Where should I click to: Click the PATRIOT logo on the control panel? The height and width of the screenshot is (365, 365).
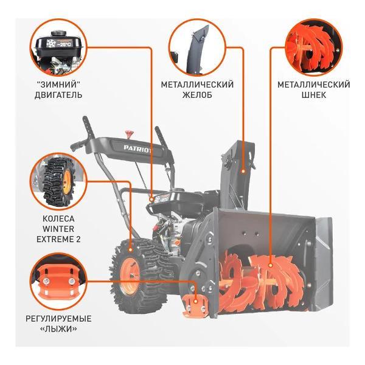click(x=137, y=148)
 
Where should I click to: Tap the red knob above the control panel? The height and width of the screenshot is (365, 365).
click(x=129, y=134)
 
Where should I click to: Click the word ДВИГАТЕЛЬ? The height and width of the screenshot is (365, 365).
click(x=58, y=95)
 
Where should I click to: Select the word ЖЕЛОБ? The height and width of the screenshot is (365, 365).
click(x=197, y=95)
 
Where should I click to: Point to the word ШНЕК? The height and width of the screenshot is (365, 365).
click(x=313, y=95)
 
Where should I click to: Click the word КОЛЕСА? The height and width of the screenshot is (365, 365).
click(x=58, y=218)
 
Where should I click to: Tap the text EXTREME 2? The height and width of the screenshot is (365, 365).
click(x=58, y=239)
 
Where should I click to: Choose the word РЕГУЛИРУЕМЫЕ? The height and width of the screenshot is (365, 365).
click(x=58, y=318)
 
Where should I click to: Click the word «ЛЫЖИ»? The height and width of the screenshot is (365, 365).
click(x=58, y=329)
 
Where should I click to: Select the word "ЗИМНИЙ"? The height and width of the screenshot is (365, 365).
click(x=58, y=85)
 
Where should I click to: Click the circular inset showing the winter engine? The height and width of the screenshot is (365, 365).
click(x=58, y=47)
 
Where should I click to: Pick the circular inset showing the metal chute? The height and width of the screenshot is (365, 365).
click(x=197, y=47)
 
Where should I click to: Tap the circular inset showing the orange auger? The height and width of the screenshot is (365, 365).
click(x=313, y=47)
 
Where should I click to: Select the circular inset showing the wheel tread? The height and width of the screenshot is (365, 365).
click(x=58, y=181)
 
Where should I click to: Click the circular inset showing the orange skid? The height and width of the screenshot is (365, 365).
click(x=58, y=282)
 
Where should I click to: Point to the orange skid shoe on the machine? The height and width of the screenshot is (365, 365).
click(x=195, y=305)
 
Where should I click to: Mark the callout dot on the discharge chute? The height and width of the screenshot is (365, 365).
click(x=243, y=171)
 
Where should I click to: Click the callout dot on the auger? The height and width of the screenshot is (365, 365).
click(x=270, y=265)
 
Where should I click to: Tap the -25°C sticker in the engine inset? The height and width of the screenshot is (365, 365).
click(x=60, y=44)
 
